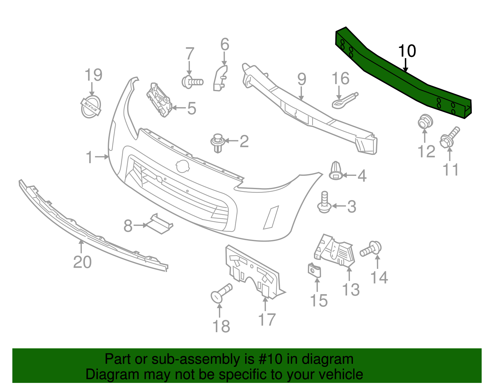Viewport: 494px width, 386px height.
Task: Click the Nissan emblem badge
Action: click(91, 107)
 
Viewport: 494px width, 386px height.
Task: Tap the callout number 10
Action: click(407, 51)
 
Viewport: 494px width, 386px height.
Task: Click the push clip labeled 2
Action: click(217, 142)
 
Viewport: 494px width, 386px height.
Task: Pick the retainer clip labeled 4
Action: click(336, 171)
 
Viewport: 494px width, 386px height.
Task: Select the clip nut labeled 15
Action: click(315, 271)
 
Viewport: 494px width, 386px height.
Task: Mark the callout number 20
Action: click(82, 262)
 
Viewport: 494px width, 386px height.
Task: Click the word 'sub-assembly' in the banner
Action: click(179, 359)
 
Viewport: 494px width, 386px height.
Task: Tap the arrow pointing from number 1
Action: click(102, 157)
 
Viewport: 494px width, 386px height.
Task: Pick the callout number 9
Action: click(302, 79)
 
